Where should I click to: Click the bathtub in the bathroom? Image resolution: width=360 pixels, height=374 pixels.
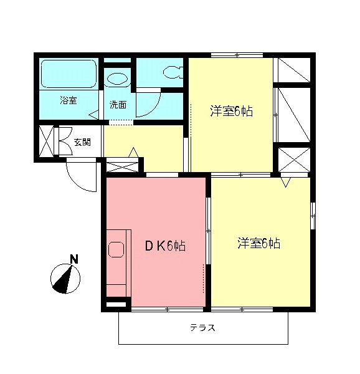[x=69, y=75]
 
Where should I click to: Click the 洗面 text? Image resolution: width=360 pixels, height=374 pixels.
[x=118, y=104]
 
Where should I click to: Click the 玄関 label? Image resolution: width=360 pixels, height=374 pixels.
[x=82, y=142]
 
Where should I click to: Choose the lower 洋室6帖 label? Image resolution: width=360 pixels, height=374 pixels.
[x=258, y=243]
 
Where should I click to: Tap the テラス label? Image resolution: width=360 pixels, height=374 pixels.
[x=202, y=328]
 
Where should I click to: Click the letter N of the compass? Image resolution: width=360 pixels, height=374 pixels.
[x=73, y=258]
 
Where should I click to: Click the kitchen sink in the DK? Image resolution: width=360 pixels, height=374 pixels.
[x=116, y=250]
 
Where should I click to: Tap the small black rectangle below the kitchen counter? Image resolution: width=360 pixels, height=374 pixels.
[x=115, y=305]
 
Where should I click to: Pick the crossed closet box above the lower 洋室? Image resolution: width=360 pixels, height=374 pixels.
[x=293, y=160]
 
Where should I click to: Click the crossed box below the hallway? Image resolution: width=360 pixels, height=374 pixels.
[x=123, y=166]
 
